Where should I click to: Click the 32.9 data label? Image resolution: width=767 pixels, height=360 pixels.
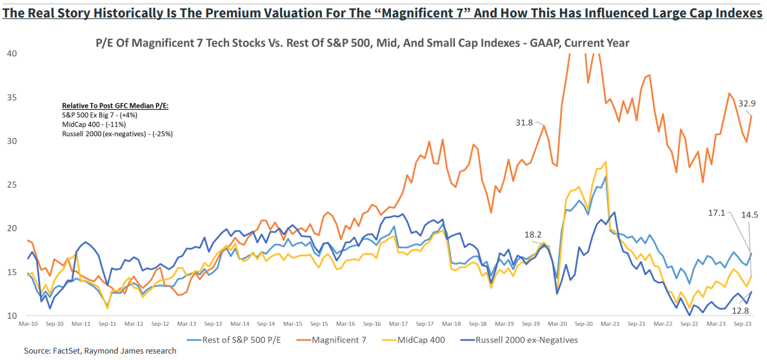746,103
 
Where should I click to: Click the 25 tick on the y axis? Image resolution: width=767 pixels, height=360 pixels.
12,185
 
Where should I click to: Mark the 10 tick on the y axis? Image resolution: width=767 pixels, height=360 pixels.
12,316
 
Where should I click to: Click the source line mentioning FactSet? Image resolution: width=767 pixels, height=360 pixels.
100,351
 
